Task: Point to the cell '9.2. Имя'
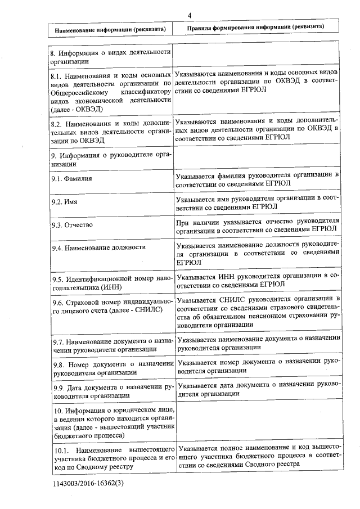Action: tap(64, 201)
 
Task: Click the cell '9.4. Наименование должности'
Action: tap(98, 247)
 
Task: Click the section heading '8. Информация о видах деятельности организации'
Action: tap(110, 57)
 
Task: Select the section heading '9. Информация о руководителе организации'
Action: tap(110, 159)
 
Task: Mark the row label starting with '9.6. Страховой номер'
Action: tap(110, 306)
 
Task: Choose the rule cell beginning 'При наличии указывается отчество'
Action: tap(258, 224)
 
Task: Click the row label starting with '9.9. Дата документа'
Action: tap(110, 391)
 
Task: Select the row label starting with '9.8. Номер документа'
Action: tap(110, 368)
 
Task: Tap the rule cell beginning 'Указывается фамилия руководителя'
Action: tap(258, 179)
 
